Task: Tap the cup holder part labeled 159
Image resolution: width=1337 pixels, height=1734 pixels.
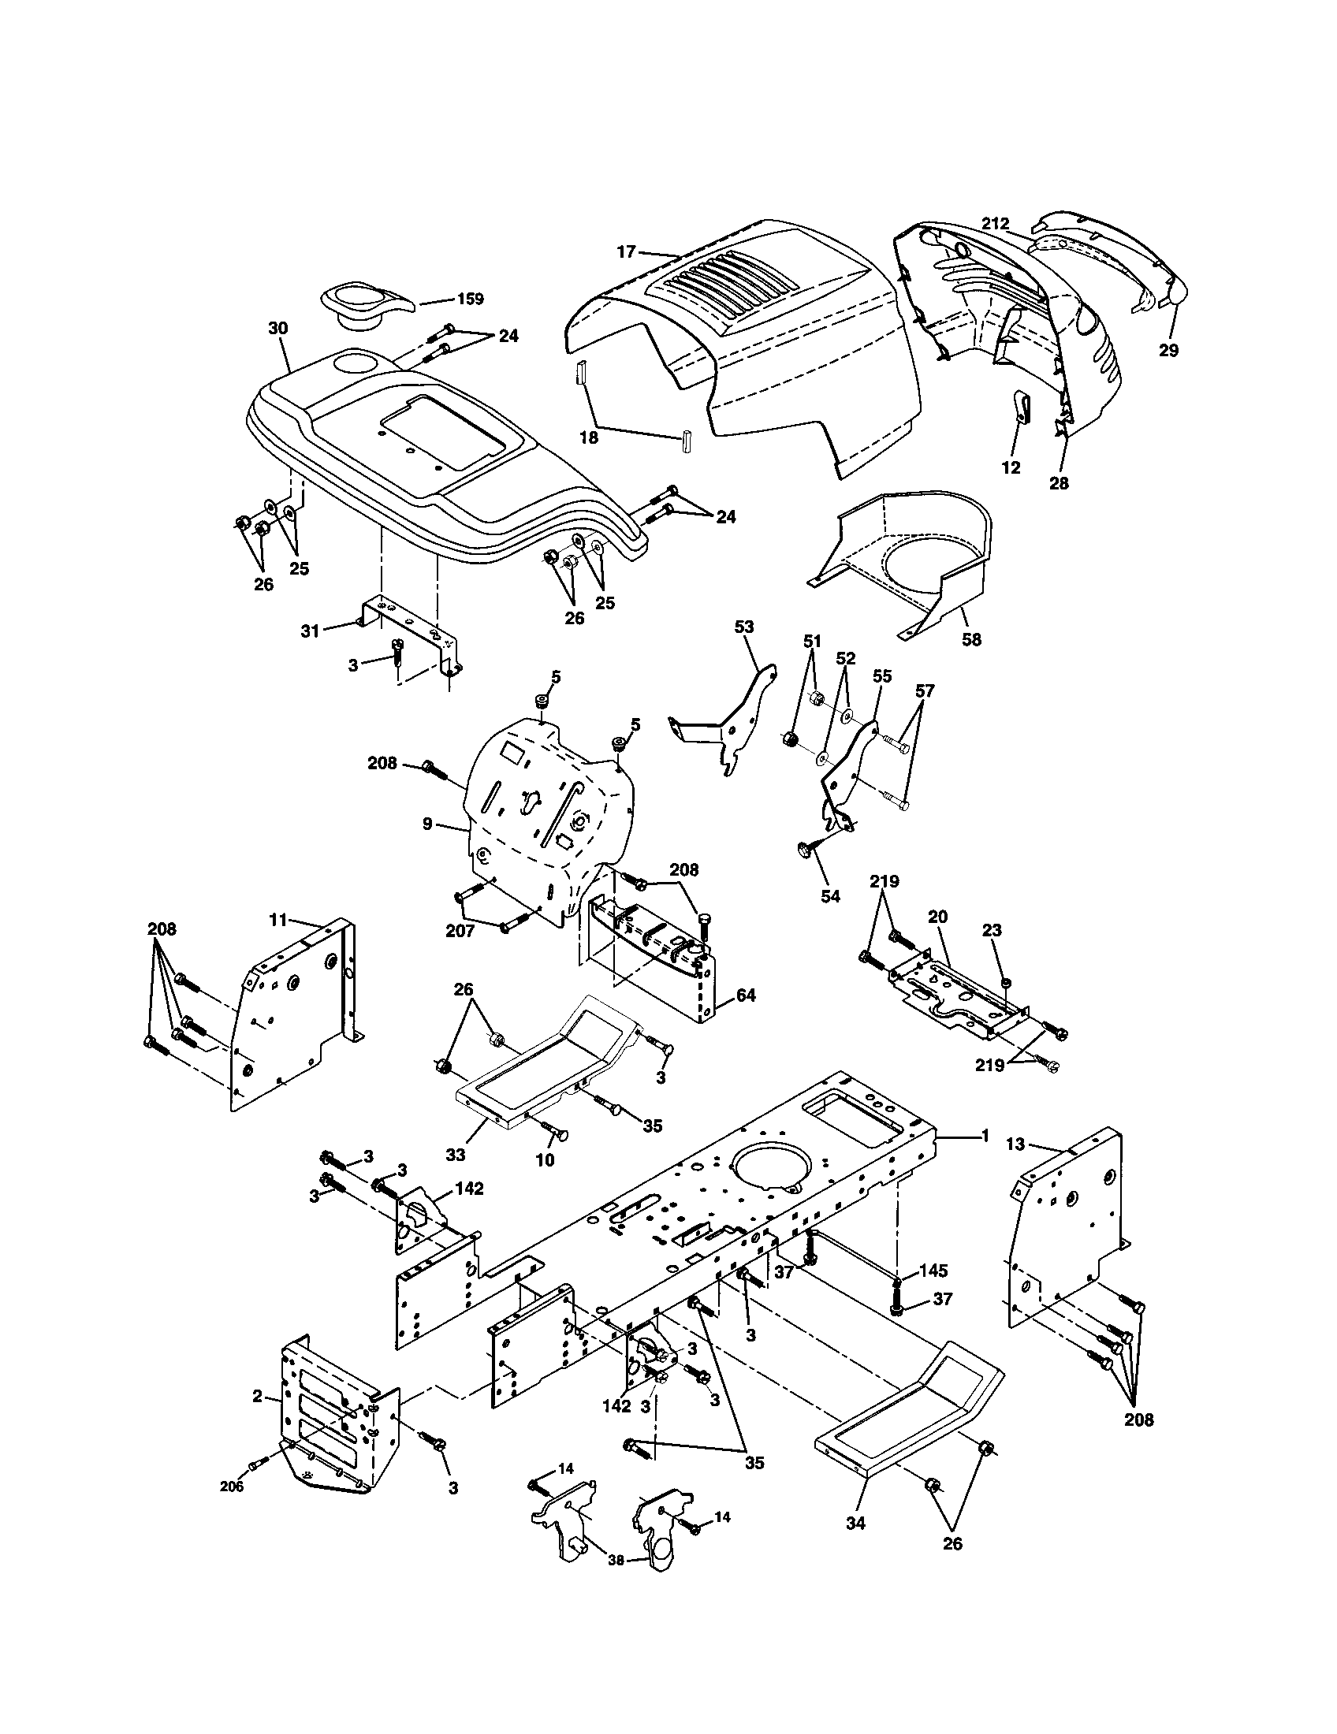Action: click(361, 305)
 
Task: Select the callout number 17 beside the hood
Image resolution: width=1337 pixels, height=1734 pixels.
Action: click(626, 251)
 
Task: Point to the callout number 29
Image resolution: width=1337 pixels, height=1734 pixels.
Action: click(1168, 350)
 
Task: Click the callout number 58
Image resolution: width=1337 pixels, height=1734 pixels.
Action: click(971, 639)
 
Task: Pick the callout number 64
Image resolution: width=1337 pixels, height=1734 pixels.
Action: click(746, 994)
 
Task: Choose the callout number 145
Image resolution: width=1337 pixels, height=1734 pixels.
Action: click(933, 1271)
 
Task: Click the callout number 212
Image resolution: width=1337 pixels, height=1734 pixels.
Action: click(995, 225)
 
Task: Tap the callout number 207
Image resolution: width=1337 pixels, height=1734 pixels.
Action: click(460, 931)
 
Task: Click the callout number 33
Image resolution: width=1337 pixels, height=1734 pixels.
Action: click(455, 1155)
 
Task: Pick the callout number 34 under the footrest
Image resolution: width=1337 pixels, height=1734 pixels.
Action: click(855, 1545)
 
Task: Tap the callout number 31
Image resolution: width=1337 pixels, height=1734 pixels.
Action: click(310, 631)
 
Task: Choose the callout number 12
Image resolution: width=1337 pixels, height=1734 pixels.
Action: click(1011, 467)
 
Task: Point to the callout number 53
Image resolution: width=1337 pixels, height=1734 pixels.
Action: click(744, 627)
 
